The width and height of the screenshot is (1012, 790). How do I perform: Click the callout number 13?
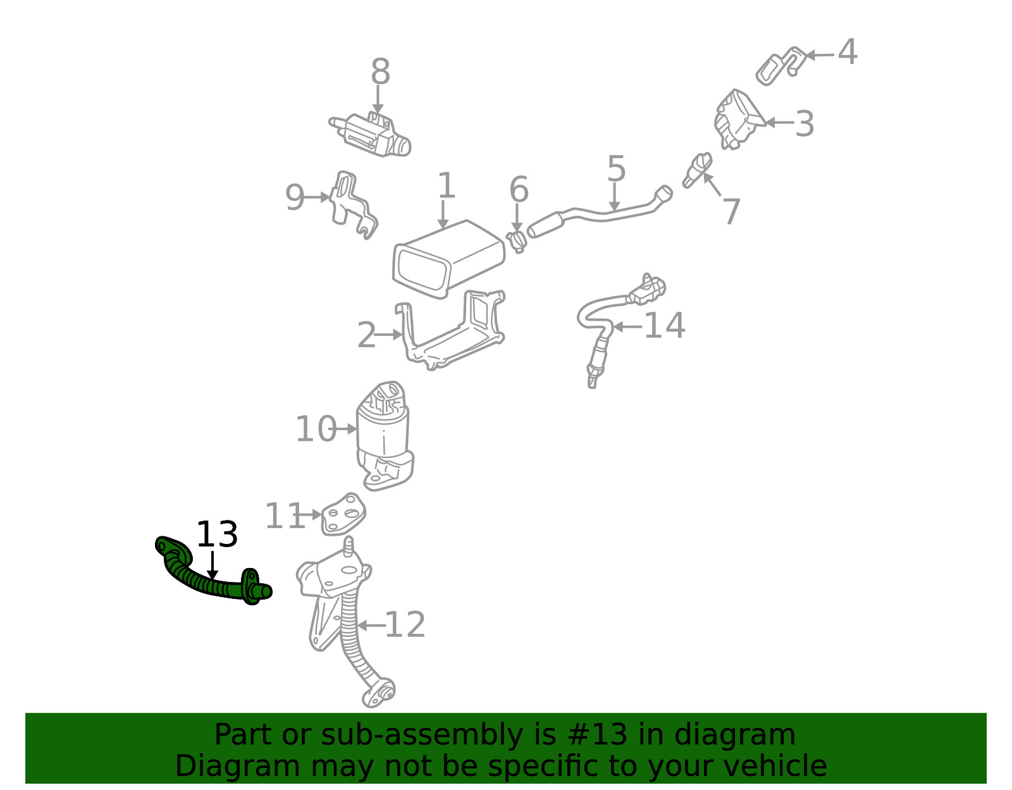(x=217, y=534)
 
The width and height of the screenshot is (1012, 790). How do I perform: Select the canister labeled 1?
(x=448, y=259)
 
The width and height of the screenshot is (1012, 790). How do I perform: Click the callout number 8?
(x=381, y=71)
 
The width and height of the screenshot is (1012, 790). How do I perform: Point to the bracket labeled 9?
(x=352, y=205)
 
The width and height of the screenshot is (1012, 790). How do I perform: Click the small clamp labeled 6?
(x=517, y=241)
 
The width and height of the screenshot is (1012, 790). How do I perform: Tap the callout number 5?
(x=616, y=168)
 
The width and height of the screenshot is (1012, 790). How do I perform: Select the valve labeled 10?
(x=384, y=436)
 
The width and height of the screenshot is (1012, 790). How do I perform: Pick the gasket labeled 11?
(x=343, y=514)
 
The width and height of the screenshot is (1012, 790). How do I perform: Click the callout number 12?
(x=405, y=624)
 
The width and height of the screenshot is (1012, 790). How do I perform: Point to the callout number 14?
(x=664, y=325)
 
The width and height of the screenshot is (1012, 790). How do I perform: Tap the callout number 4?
(x=848, y=52)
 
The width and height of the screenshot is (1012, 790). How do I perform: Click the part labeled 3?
(x=739, y=119)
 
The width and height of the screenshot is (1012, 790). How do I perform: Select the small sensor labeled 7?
(x=697, y=170)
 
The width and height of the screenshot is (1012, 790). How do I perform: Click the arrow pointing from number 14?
(x=627, y=327)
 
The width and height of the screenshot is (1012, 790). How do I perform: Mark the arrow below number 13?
(x=213, y=565)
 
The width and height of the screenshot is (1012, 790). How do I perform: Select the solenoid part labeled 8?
(x=370, y=135)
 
